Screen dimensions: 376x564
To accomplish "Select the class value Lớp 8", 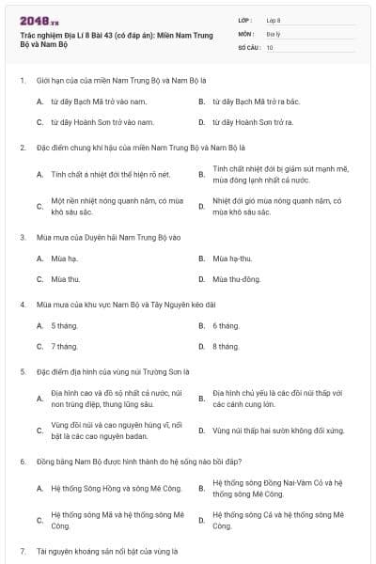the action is point(273,20).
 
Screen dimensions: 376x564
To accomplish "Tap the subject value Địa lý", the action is point(273,33).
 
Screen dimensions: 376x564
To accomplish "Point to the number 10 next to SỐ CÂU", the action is point(271,46).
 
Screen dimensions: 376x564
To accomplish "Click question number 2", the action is point(22,149).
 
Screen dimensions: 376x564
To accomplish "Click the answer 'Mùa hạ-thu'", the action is point(234,258).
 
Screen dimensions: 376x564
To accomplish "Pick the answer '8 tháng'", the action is point(226,347).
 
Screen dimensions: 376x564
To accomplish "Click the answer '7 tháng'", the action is point(65,347).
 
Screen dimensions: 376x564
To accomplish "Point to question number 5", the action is point(22,372).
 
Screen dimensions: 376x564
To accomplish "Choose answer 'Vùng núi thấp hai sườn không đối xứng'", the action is point(278,431).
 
